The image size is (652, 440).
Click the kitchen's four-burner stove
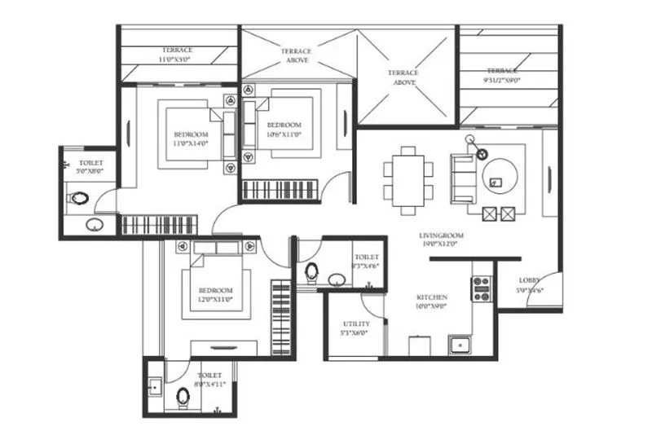481,289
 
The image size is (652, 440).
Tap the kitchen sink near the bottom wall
460,345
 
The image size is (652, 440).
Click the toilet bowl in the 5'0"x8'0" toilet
79,198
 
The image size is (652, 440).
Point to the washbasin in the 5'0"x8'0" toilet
95,224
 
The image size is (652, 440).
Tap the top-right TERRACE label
503,70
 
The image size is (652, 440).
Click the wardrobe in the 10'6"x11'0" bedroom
279,191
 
